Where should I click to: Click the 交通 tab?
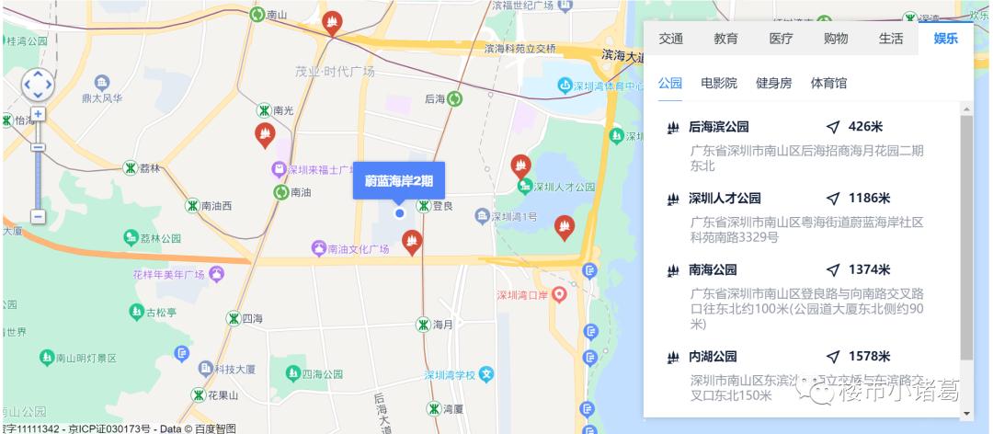pos(670,39)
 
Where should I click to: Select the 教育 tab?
pos(725,39)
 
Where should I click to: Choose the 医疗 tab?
pos(781,39)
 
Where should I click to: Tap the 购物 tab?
pos(836,39)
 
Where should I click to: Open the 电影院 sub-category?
pos(719,83)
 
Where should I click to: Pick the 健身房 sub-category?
pos(773,83)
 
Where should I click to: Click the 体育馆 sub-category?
pos(828,83)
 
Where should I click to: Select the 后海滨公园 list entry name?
pos(719,127)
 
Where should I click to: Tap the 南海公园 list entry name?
pos(713,270)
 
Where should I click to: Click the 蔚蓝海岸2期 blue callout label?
pos(399,180)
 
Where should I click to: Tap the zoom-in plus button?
pos(38,114)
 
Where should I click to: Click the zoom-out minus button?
pos(38,216)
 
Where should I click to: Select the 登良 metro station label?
pos(442,206)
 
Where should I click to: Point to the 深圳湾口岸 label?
pos(522,296)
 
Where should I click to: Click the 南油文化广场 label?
pos(360,248)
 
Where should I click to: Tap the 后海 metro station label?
pos(435,98)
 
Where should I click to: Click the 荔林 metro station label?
pos(150,168)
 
